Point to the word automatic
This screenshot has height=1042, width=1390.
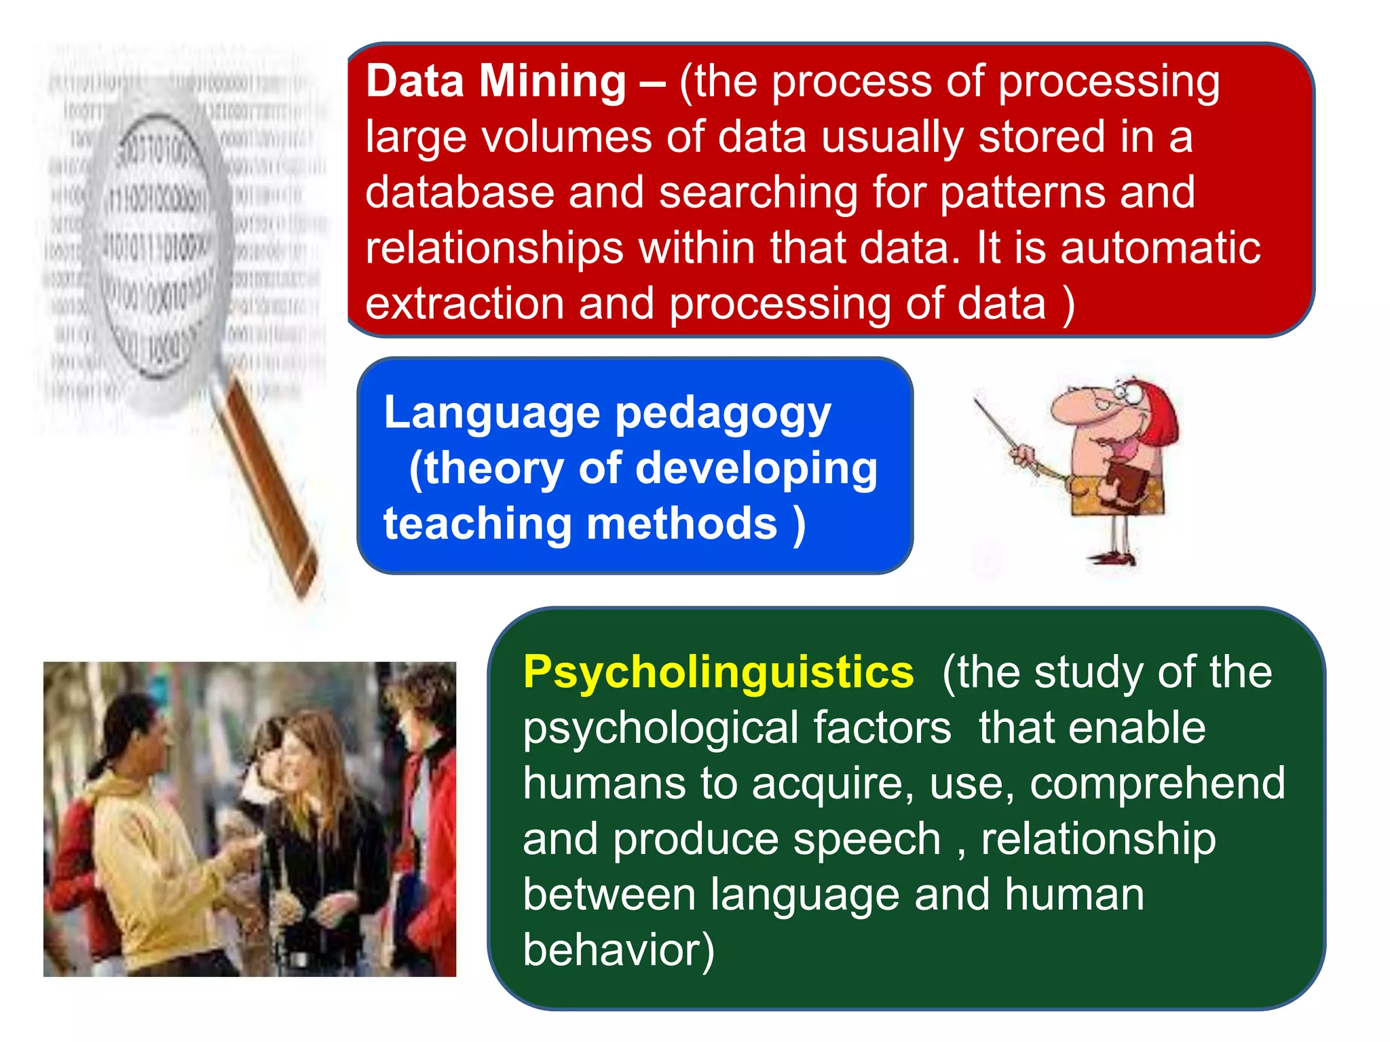(1160, 248)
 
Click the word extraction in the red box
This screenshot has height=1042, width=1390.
(464, 304)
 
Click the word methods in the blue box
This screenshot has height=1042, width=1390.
(681, 525)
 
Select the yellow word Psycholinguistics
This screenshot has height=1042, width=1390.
(718, 673)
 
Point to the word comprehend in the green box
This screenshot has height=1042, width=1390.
(1157, 784)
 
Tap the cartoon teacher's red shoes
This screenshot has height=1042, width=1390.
(1113, 559)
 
